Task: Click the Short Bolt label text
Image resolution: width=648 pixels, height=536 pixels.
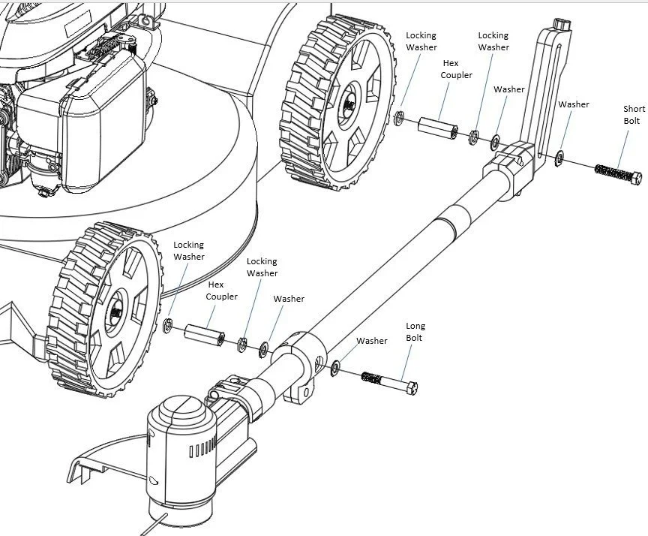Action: click(634, 115)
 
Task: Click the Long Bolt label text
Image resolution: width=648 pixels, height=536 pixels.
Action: click(415, 332)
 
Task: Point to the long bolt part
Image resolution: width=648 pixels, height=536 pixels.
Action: click(389, 381)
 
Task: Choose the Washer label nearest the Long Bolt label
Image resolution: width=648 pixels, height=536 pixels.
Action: click(372, 341)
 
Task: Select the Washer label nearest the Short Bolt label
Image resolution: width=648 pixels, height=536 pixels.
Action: click(573, 104)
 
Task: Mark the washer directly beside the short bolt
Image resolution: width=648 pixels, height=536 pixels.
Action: click(559, 158)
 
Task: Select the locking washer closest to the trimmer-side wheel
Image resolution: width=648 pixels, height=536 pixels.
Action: click(169, 326)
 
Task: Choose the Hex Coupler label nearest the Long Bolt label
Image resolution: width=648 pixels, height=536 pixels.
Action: click(222, 291)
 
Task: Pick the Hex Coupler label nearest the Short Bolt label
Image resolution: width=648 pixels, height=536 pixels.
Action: click(456, 69)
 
